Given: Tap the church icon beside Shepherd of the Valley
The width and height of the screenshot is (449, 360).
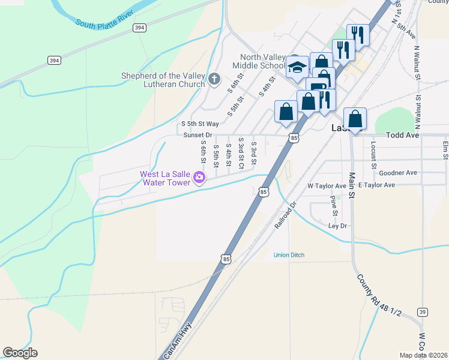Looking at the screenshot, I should pyautogui.click(x=214, y=79).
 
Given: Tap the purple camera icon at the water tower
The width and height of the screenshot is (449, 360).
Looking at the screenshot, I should pyautogui.click(x=199, y=177).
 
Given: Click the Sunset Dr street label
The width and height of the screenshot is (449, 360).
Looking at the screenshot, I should pyautogui.click(x=197, y=136).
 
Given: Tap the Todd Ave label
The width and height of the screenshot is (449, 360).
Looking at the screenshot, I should pyautogui.click(x=402, y=136).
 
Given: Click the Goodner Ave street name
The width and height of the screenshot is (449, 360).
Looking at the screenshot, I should pyautogui.click(x=398, y=173).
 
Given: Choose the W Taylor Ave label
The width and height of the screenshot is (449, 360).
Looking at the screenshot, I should pyautogui.click(x=327, y=186).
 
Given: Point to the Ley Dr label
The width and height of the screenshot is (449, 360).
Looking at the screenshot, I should pyautogui.click(x=338, y=226).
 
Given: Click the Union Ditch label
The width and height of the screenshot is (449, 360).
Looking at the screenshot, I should pyautogui.click(x=289, y=255).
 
